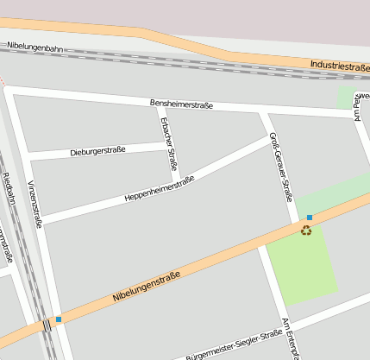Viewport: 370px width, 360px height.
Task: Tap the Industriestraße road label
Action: point(340,66)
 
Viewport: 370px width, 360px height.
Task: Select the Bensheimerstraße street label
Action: point(181,104)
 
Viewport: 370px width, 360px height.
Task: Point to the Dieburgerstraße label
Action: point(96,150)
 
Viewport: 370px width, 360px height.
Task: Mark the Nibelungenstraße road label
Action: point(146,287)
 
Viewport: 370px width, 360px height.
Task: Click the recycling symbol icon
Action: point(306,230)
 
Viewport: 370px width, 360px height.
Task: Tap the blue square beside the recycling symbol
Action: point(310,218)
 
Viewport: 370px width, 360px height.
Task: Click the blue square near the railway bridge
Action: point(59,319)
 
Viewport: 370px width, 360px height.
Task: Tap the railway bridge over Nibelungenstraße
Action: point(47,325)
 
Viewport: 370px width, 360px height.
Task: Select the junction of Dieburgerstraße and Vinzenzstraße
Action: point(28,158)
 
